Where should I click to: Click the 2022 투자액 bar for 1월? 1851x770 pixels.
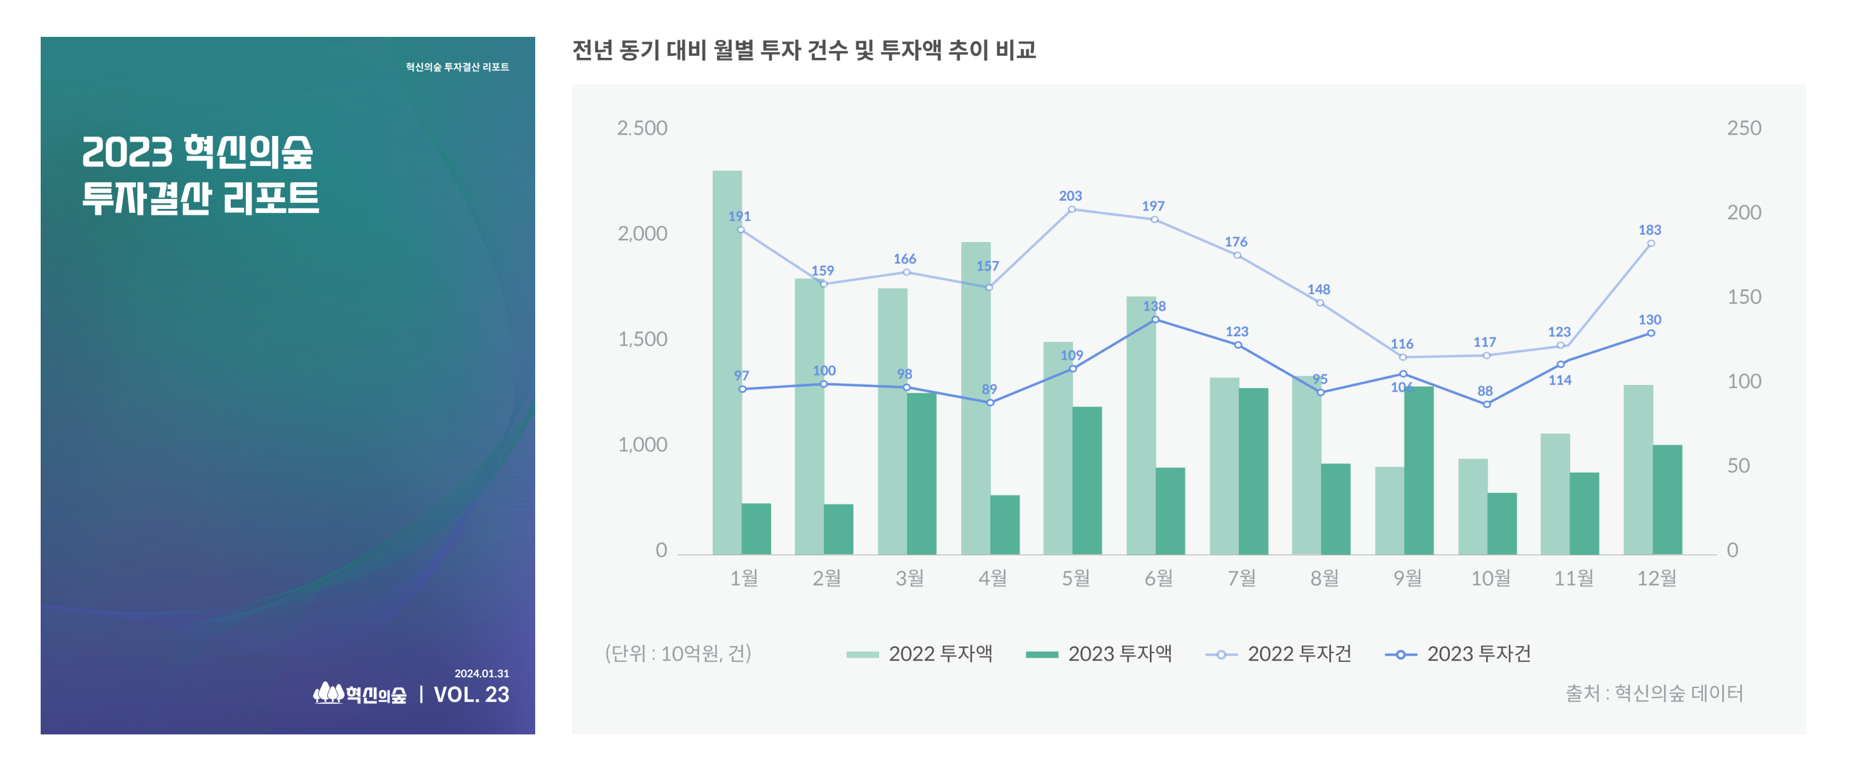point(727,362)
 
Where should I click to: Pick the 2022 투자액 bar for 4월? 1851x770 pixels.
point(975,398)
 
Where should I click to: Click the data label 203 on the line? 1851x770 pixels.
point(1070,196)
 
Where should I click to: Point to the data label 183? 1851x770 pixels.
point(1649,230)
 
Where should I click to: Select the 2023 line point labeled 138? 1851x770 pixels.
point(1155,320)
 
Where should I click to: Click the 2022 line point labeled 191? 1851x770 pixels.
point(741,230)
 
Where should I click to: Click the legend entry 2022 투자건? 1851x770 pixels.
point(1278,654)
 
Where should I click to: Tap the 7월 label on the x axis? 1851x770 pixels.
point(1241,577)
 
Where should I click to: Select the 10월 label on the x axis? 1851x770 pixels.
point(1491,577)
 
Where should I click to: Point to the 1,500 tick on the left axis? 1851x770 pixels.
point(643,339)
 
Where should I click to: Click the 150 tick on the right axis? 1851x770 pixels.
point(1744,297)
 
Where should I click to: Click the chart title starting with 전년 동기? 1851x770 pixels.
point(803,50)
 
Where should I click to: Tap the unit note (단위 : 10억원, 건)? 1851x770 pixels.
point(678,654)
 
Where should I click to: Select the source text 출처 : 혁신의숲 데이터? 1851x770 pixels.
point(1654,693)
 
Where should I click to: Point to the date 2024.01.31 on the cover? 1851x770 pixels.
point(481,673)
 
